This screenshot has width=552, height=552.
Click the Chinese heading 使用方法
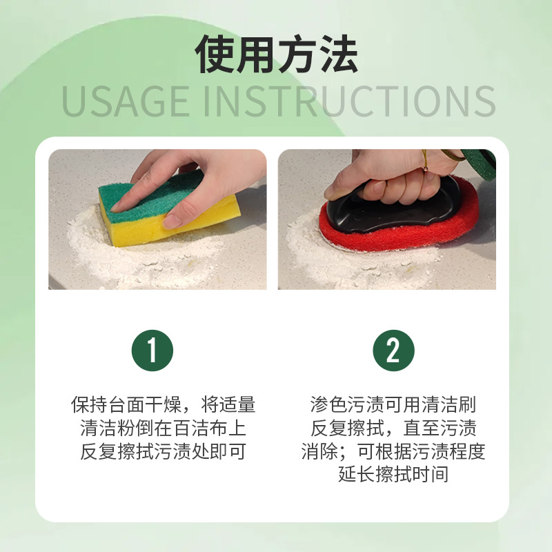(276, 55)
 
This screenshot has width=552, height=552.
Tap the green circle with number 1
(152, 351)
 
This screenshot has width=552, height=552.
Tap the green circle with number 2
(393, 351)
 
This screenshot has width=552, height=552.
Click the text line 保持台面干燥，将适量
(163, 404)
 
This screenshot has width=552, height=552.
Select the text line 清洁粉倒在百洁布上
(163, 428)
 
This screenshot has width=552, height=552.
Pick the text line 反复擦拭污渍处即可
(163, 452)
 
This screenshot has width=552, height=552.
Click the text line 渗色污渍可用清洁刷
(393, 404)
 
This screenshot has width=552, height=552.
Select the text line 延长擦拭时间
(393, 475)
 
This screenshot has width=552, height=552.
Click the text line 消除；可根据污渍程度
(393, 452)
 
